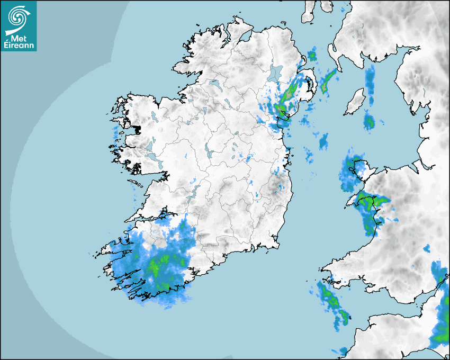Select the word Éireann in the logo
pos(19,46)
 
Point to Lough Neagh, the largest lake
pos(275,73)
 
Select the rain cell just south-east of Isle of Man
pos(368,122)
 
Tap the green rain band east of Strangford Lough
pos(329,79)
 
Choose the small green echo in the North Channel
pos(312,55)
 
